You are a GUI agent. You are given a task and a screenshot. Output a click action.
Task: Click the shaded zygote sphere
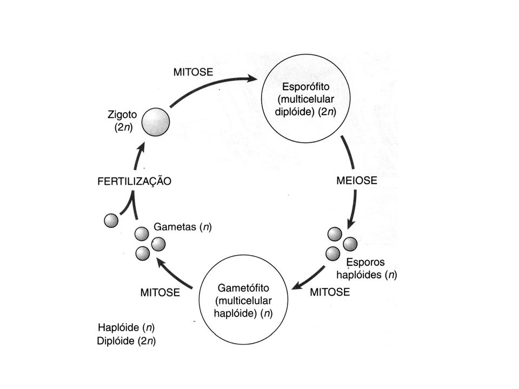click(156, 122)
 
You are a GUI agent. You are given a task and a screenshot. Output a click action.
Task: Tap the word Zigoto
click(122, 115)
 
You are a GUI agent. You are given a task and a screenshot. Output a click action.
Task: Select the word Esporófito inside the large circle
click(305, 86)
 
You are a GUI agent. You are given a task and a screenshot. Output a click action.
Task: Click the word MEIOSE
click(357, 180)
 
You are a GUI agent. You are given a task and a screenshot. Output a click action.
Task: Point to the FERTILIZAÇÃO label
click(135, 182)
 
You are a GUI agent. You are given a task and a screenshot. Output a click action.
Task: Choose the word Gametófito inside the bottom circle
click(243, 288)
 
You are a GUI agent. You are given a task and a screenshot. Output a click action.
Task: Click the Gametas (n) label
click(183, 227)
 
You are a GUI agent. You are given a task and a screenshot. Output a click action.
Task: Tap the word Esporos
click(365, 263)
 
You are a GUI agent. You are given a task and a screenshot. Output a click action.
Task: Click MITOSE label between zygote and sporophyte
click(194, 72)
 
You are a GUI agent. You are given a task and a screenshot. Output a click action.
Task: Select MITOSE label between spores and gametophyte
click(330, 292)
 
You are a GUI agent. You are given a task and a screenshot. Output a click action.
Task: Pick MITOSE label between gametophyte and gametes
click(160, 292)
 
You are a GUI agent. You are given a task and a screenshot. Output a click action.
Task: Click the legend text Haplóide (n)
click(127, 327)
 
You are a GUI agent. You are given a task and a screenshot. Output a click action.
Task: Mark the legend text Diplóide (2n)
click(127, 341)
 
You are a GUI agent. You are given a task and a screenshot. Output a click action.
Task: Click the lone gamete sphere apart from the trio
click(111, 220)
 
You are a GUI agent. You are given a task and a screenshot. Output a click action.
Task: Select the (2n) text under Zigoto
click(123, 128)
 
